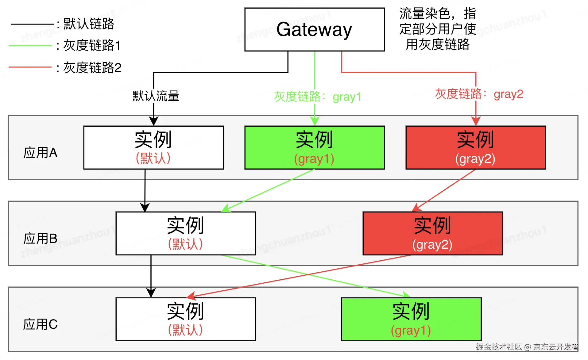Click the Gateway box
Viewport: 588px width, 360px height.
[315, 29]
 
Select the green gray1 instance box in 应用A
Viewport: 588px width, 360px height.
[315, 147]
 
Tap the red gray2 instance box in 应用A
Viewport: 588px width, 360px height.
[476, 147]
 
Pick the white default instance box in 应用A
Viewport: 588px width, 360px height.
[153, 147]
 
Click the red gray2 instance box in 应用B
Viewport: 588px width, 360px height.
[433, 233]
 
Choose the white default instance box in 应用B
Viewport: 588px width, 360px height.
[186, 233]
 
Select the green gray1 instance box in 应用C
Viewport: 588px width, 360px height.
[411, 319]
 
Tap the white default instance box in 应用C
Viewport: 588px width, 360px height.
[186, 319]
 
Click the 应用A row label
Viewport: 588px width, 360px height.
[41, 152]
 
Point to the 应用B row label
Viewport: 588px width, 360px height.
[41, 238]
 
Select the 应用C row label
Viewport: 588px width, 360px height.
[41, 324]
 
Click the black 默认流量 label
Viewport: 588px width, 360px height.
[156, 96]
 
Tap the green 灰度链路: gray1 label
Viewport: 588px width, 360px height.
[317, 97]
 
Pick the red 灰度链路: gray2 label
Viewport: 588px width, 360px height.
[479, 94]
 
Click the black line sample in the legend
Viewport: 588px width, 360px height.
[32, 24]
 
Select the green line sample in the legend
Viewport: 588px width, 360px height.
[30, 46]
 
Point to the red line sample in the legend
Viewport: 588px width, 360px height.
[30, 67]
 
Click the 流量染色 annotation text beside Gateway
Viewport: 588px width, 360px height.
[438, 29]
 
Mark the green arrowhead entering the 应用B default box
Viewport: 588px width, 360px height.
[226, 209]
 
